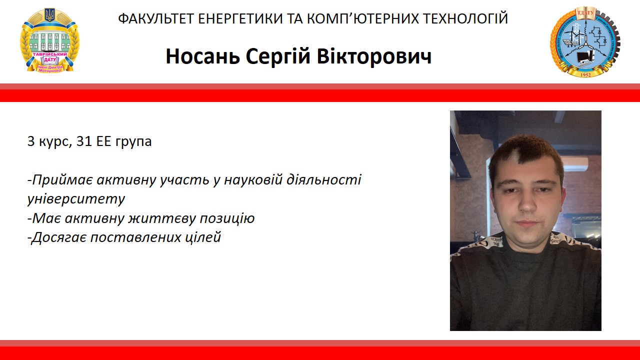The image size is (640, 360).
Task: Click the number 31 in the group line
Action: click(84, 141)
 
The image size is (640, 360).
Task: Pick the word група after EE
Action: click(133, 141)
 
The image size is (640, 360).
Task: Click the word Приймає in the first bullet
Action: click(55, 179)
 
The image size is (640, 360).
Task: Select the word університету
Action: click(76, 199)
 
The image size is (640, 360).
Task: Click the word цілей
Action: click(205, 237)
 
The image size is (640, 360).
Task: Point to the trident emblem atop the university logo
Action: click(49, 14)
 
